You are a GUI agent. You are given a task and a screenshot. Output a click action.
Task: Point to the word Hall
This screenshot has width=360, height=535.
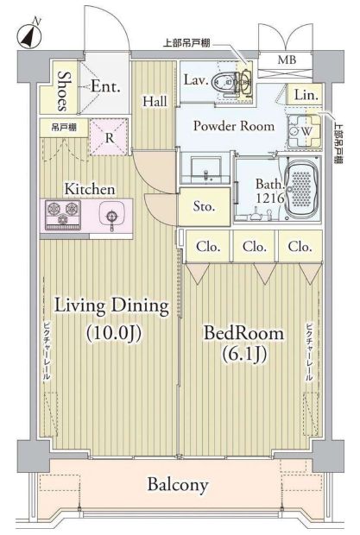click(155, 101)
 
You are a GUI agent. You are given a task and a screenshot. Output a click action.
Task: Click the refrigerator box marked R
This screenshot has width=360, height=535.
click(111, 136)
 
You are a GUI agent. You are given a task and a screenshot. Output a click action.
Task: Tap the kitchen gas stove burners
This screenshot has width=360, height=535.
click(60, 211)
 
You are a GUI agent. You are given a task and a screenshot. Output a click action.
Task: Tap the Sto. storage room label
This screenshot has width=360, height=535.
click(204, 208)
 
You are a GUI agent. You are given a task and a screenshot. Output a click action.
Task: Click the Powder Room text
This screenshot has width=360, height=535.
click(233, 126)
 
